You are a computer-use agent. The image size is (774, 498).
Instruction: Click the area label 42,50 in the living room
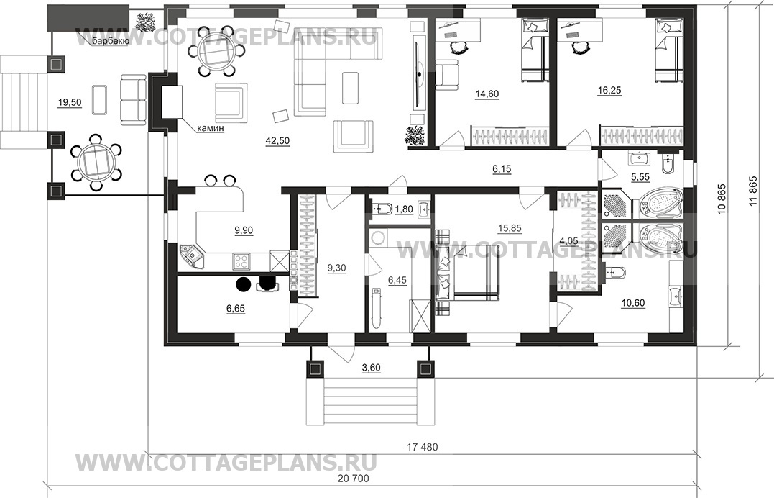point(277,141)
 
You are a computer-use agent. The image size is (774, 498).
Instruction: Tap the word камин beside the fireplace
point(211,129)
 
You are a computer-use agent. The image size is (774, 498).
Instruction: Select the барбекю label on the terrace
point(110,42)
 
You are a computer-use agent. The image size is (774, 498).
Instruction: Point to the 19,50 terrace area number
point(70,103)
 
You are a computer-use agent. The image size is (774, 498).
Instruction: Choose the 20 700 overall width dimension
point(353,479)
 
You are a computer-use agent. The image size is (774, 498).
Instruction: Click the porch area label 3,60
point(372,368)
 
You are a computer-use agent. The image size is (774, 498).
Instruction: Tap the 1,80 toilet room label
point(404,209)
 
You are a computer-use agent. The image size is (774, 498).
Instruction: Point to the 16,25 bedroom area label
point(609,91)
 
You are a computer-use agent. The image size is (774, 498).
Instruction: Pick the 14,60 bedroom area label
point(487,94)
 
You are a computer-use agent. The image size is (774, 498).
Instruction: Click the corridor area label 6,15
point(502,169)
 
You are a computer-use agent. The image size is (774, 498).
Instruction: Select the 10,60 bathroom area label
point(633,303)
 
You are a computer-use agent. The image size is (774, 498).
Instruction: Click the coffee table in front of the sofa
point(350,88)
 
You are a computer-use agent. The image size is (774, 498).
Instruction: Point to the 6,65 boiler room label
point(236,309)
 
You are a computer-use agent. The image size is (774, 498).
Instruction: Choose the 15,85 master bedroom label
point(510,228)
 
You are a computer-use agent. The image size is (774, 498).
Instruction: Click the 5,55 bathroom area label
point(640,176)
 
